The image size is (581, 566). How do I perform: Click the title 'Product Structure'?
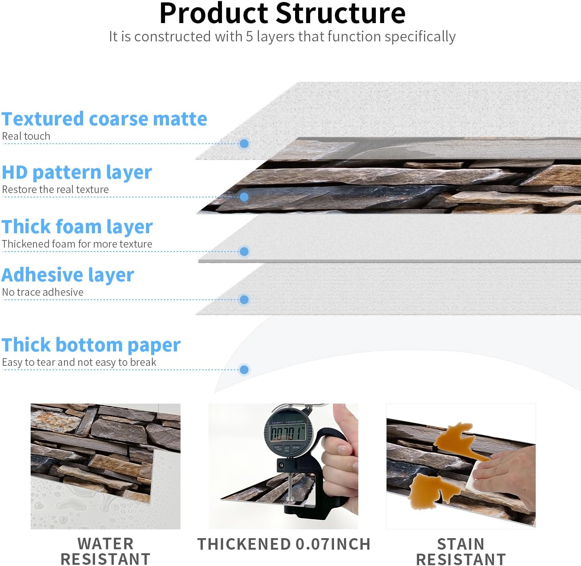[x=282, y=14]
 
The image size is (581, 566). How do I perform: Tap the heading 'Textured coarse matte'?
[x=104, y=119]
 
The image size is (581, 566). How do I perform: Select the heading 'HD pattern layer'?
[x=77, y=172]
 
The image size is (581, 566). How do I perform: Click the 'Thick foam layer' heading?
[x=77, y=226]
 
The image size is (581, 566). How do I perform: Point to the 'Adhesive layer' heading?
[x=68, y=275]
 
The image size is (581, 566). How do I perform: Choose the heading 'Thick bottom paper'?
[x=91, y=345]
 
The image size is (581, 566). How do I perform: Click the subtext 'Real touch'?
[x=26, y=136]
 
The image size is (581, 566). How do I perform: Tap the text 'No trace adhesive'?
[x=43, y=292]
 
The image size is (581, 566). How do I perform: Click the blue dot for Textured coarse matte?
[x=244, y=143]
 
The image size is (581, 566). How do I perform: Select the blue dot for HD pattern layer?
[x=244, y=197]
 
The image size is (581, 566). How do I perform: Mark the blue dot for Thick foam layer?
[x=244, y=251]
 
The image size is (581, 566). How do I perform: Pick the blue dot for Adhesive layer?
[x=244, y=300]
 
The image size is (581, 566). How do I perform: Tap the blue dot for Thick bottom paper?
[x=244, y=370]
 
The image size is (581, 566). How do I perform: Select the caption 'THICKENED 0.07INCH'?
[x=284, y=544]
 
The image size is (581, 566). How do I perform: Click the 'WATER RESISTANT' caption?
[x=105, y=551]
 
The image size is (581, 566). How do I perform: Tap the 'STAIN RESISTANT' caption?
[x=461, y=551]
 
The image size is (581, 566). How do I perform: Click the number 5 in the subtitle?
[x=249, y=37]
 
